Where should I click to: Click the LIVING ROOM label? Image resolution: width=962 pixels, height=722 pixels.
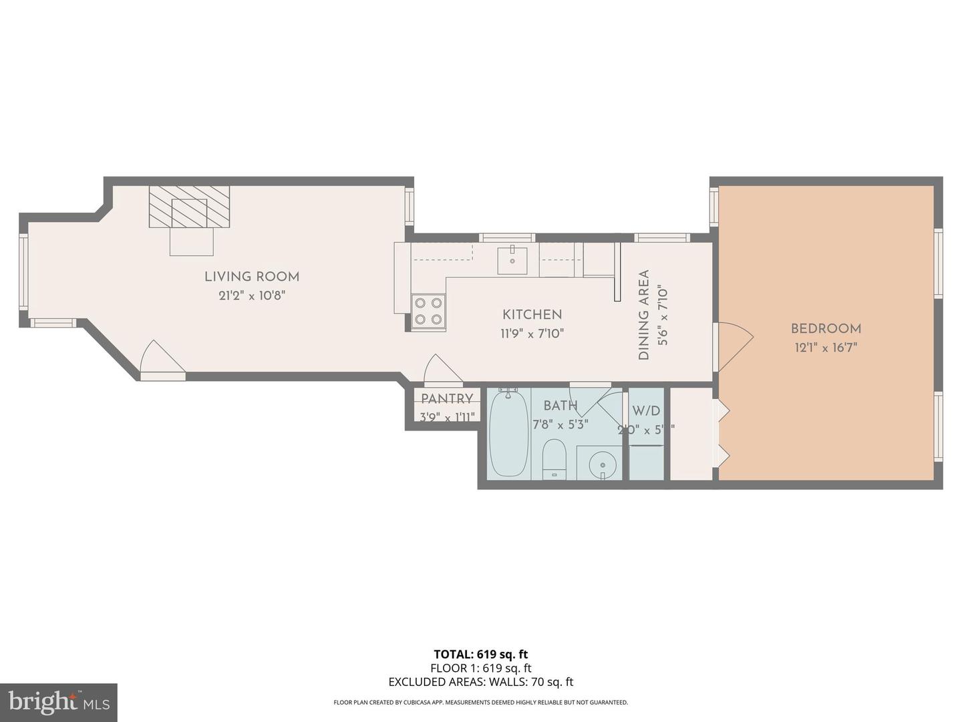point(251,277)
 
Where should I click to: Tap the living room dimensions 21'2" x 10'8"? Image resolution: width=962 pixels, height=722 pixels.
point(251,295)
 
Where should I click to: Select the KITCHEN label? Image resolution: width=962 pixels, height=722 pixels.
point(532,314)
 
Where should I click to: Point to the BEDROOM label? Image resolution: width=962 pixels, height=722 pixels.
point(826,328)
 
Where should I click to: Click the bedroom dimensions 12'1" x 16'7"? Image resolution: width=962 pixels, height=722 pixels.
point(826,348)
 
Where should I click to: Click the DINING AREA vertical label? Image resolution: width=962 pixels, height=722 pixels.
point(644,315)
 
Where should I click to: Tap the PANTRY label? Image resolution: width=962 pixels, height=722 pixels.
point(447,399)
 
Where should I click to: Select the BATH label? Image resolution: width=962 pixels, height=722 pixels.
point(560,406)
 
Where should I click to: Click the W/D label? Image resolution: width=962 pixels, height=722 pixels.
point(646,410)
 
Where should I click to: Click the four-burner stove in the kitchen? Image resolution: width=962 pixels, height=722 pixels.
point(428,311)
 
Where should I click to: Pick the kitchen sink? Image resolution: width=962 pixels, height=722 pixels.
point(512,260)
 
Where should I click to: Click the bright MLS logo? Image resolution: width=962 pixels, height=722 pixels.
point(58,702)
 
